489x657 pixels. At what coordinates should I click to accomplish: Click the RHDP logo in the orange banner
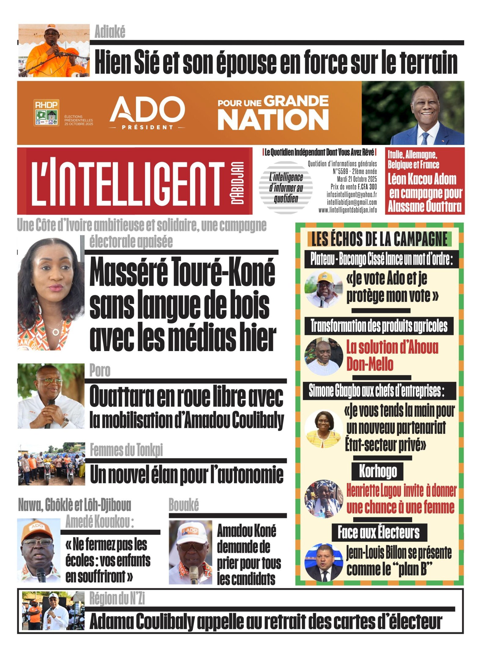(x=46, y=112)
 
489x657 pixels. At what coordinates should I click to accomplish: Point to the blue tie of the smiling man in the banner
(x=425, y=138)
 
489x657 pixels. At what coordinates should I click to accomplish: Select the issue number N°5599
(x=340, y=172)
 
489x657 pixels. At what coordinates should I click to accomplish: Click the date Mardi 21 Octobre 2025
(x=357, y=179)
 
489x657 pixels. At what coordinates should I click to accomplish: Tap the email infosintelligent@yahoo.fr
(x=351, y=194)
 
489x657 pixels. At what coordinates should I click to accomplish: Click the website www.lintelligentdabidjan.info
(x=347, y=210)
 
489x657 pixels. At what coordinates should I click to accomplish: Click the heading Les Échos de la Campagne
(x=379, y=239)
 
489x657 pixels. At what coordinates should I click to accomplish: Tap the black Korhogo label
(x=378, y=471)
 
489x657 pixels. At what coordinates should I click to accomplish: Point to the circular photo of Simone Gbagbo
(x=323, y=429)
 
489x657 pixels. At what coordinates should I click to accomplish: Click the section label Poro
(x=100, y=371)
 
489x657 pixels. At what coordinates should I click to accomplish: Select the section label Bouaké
(x=184, y=505)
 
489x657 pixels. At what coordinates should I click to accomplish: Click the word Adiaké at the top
(x=110, y=32)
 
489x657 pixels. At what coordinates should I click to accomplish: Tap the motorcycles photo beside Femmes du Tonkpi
(x=51, y=463)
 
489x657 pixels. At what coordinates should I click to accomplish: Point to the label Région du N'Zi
(x=117, y=598)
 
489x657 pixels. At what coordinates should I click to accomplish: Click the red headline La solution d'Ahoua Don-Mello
(x=392, y=356)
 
